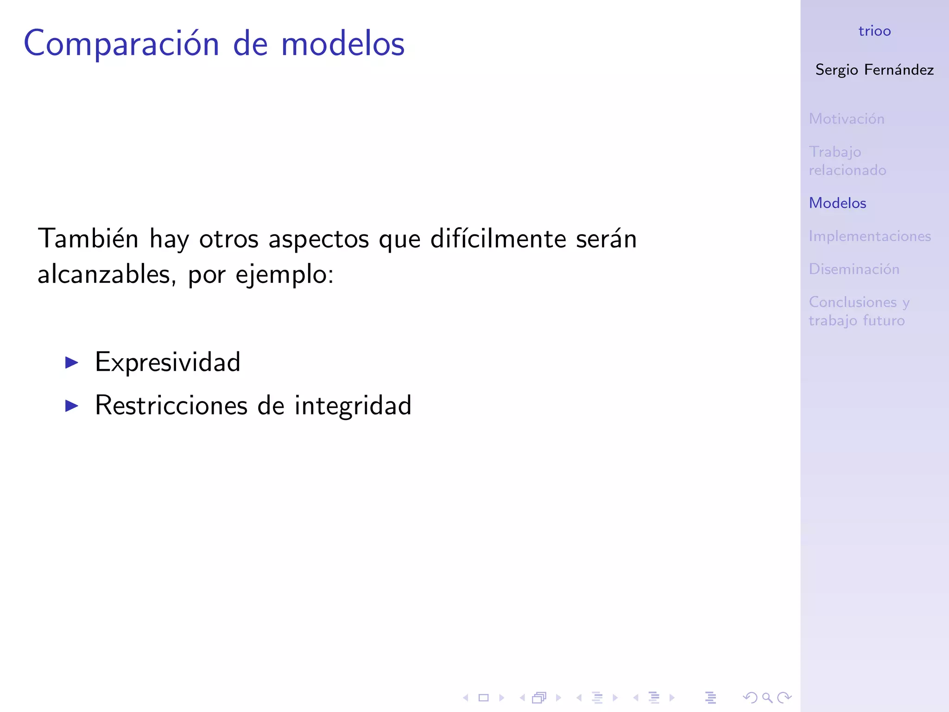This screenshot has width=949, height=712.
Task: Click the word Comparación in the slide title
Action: pyautogui.click(x=121, y=44)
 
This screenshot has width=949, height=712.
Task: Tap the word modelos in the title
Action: pyautogui.click(x=343, y=44)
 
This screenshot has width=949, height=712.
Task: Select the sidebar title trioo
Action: pyautogui.click(x=874, y=31)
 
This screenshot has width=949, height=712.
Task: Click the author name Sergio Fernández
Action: pyautogui.click(x=874, y=70)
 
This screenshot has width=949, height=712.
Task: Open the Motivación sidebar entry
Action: pyautogui.click(x=847, y=119)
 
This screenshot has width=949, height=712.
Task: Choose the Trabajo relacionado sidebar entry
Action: pyautogui.click(x=847, y=161)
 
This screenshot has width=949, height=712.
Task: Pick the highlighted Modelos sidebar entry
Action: pyautogui.click(x=837, y=203)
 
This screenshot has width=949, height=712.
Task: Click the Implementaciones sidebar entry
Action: pyautogui.click(x=870, y=236)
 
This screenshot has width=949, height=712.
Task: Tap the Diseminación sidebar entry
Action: pyautogui.click(x=854, y=269)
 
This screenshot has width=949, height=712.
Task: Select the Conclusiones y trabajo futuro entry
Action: pyautogui.click(x=859, y=311)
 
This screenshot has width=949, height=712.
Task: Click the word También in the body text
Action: pyautogui.click(x=88, y=239)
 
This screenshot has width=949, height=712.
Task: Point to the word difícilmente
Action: pyautogui.click(x=498, y=239)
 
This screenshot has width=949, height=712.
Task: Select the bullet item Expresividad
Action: pyautogui.click(x=168, y=362)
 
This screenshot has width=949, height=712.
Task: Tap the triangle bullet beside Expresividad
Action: pyautogui.click(x=72, y=362)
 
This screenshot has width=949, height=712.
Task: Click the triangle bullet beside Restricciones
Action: pyautogui.click(x=72, y=406)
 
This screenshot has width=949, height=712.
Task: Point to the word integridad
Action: pyautogui.click(x=353, y=406)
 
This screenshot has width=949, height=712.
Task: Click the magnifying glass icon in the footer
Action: pyautogui.click(x=767, y=698)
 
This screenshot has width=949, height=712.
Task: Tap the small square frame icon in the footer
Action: pyautogui.click(x=483, y=698)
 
